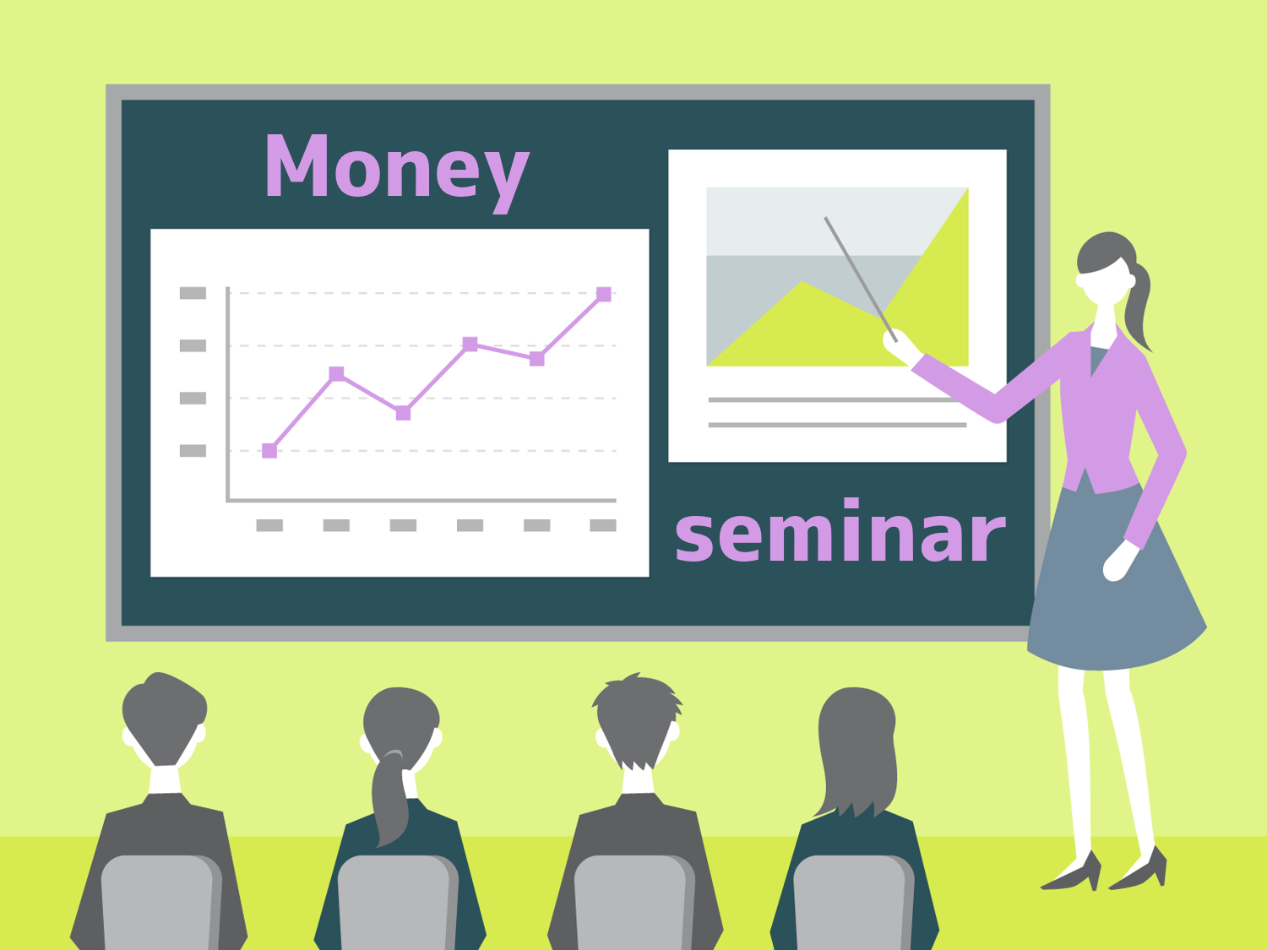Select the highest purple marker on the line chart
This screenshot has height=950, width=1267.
604,294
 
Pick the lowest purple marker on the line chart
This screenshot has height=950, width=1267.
269,450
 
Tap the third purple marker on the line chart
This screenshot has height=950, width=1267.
404,413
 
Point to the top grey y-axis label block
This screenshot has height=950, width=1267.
193,293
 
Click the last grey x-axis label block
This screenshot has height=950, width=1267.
603,525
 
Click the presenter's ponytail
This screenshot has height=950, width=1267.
1138,307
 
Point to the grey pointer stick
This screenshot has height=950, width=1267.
861,280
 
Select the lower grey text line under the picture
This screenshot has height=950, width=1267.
838,425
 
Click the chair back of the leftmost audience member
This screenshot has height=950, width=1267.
161,903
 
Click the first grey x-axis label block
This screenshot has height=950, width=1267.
269,525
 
